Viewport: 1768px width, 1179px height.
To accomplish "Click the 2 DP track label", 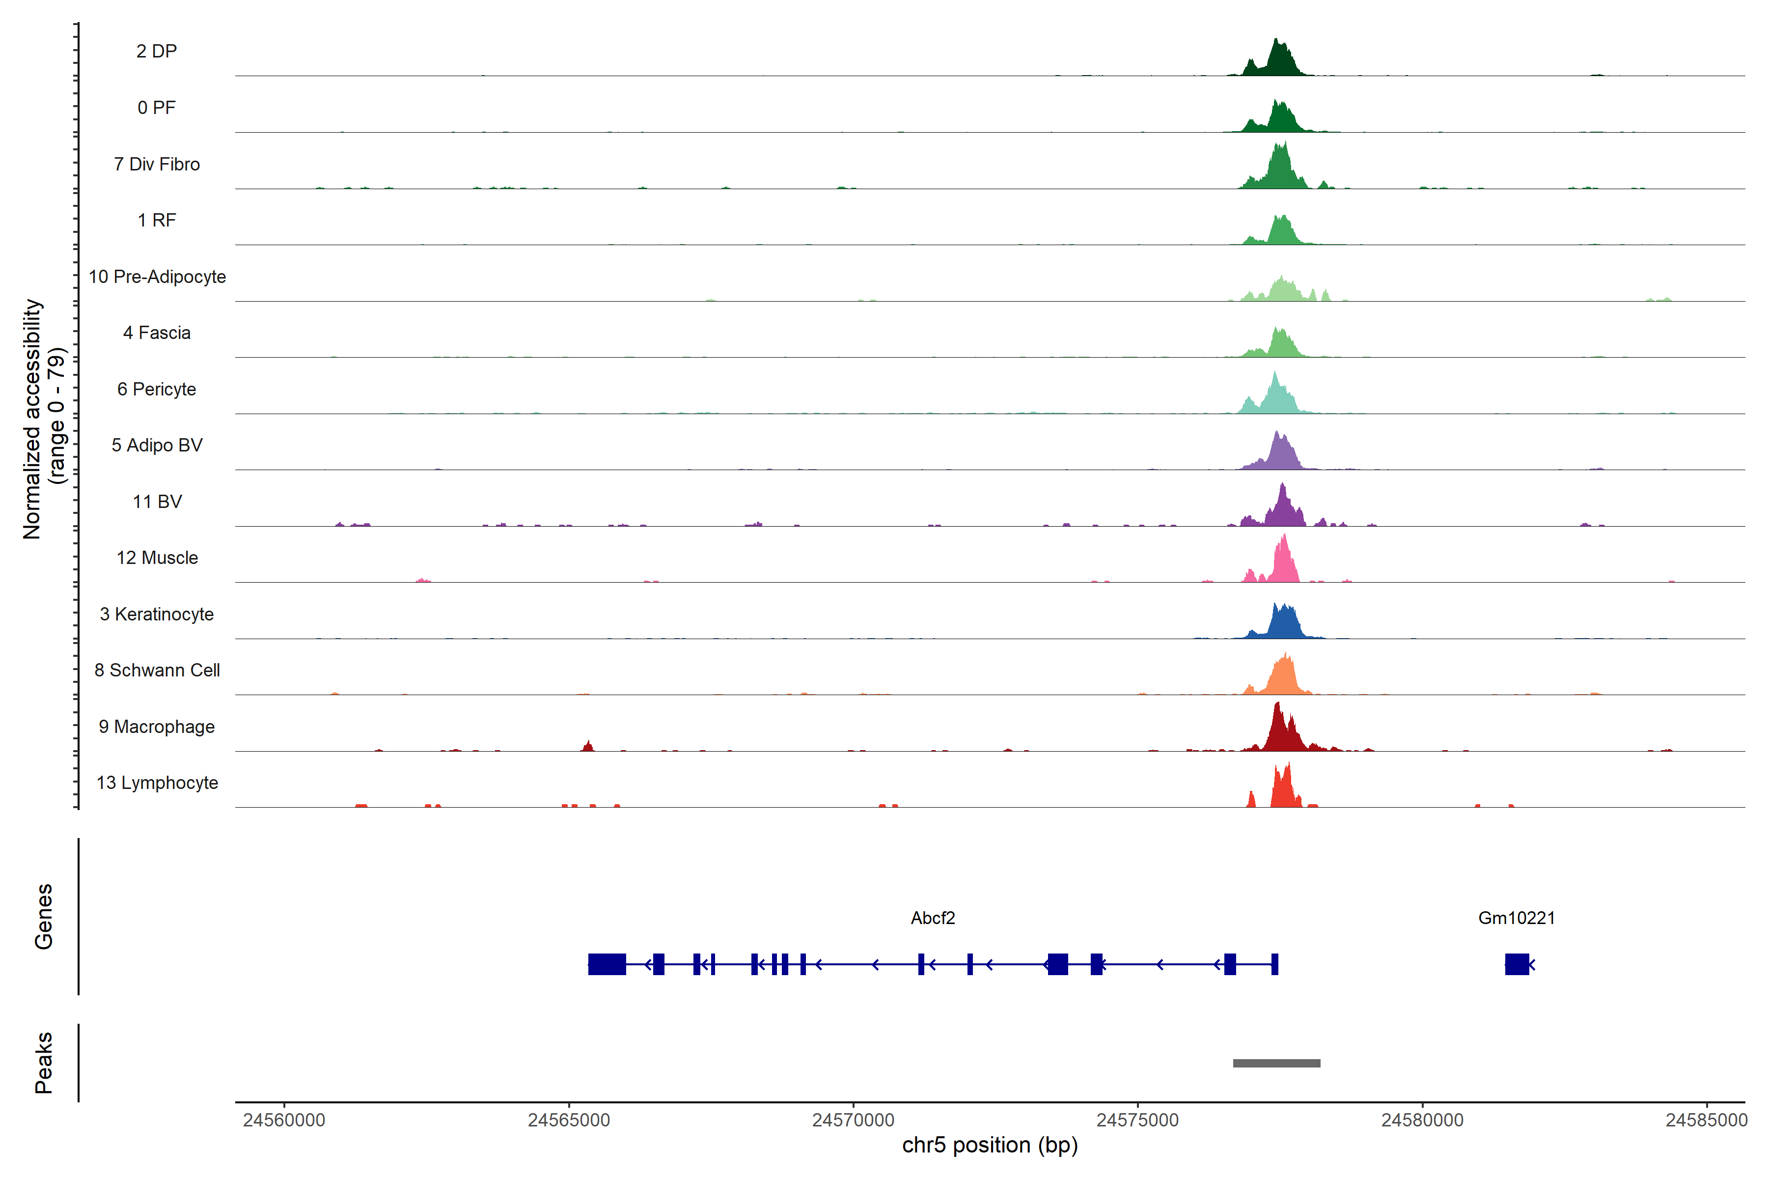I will [x=156, y=51].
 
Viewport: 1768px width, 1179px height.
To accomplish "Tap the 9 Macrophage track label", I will [x=156, y=727].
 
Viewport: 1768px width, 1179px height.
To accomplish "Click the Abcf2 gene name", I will [x=932, y=918].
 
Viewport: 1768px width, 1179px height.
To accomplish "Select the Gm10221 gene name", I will [x=1516, y=918].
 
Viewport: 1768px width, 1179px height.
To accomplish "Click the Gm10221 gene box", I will [x=1516, y=964].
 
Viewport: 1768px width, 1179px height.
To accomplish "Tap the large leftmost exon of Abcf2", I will [x=607, y=964].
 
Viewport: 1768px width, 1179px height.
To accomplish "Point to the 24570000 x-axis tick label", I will [x=853, y=1121].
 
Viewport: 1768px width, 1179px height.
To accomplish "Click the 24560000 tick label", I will [x=284, y=1121].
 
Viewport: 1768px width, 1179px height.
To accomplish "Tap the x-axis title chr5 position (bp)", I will [x=989, y=1145].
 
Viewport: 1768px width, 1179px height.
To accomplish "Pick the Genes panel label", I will [x=44, y=917].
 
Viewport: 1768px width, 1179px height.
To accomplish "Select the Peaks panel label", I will [x=44, y=1063].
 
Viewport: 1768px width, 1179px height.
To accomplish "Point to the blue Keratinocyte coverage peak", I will [x=1282, y=622].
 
